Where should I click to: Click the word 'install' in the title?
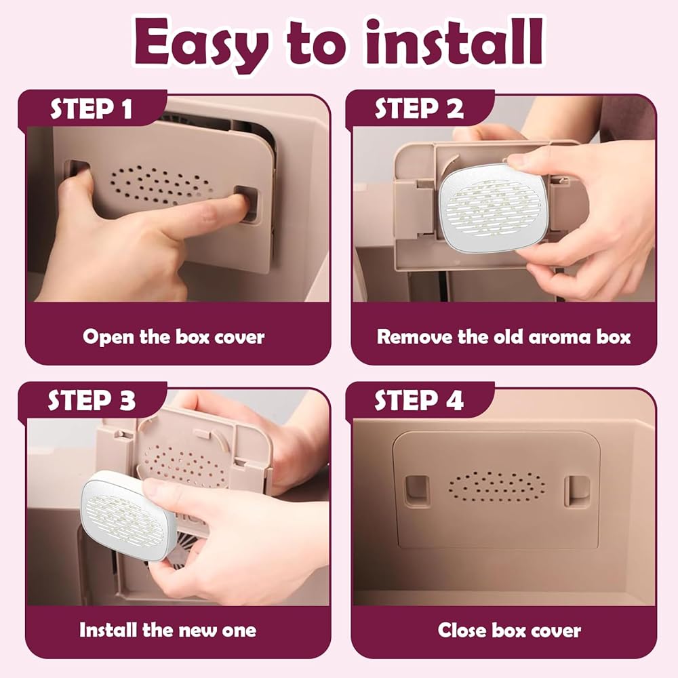(454, 42)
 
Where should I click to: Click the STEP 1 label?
(92, 108)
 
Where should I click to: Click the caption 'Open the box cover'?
(174, 337)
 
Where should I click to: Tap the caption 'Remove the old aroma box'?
(504, 337)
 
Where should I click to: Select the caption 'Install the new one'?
(167, 630)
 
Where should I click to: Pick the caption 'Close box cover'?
(509, 630)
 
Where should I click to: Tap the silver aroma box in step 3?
(129, 515)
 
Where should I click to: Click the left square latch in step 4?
(417, 491)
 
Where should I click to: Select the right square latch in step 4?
(577, 491)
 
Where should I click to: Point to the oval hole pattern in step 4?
(497, 487)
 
